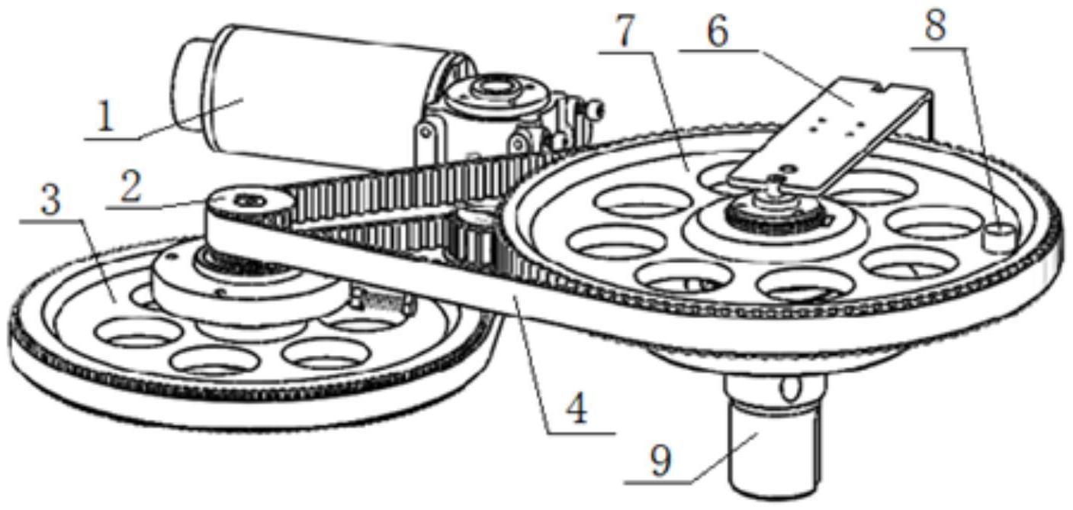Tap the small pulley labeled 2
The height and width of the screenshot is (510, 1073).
[247, 202]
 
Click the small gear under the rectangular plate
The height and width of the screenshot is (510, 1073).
[770, 210]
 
